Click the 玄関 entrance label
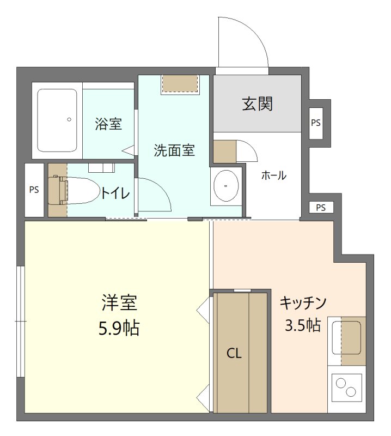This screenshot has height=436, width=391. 257,104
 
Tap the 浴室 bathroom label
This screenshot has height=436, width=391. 108,124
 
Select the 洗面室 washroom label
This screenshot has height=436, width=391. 174,150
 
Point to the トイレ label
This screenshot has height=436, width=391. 115,192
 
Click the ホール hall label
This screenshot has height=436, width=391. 274,175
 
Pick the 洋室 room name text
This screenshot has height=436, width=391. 119,302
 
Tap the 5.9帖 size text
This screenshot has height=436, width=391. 119,328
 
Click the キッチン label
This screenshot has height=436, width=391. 302,302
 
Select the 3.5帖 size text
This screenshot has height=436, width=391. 302,325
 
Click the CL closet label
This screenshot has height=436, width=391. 234,354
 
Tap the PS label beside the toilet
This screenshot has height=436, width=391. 34,190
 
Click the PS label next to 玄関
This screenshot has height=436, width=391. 316,123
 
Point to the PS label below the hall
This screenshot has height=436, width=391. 321,207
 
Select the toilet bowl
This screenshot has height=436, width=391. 76,190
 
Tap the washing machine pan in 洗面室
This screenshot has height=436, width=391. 180,83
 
